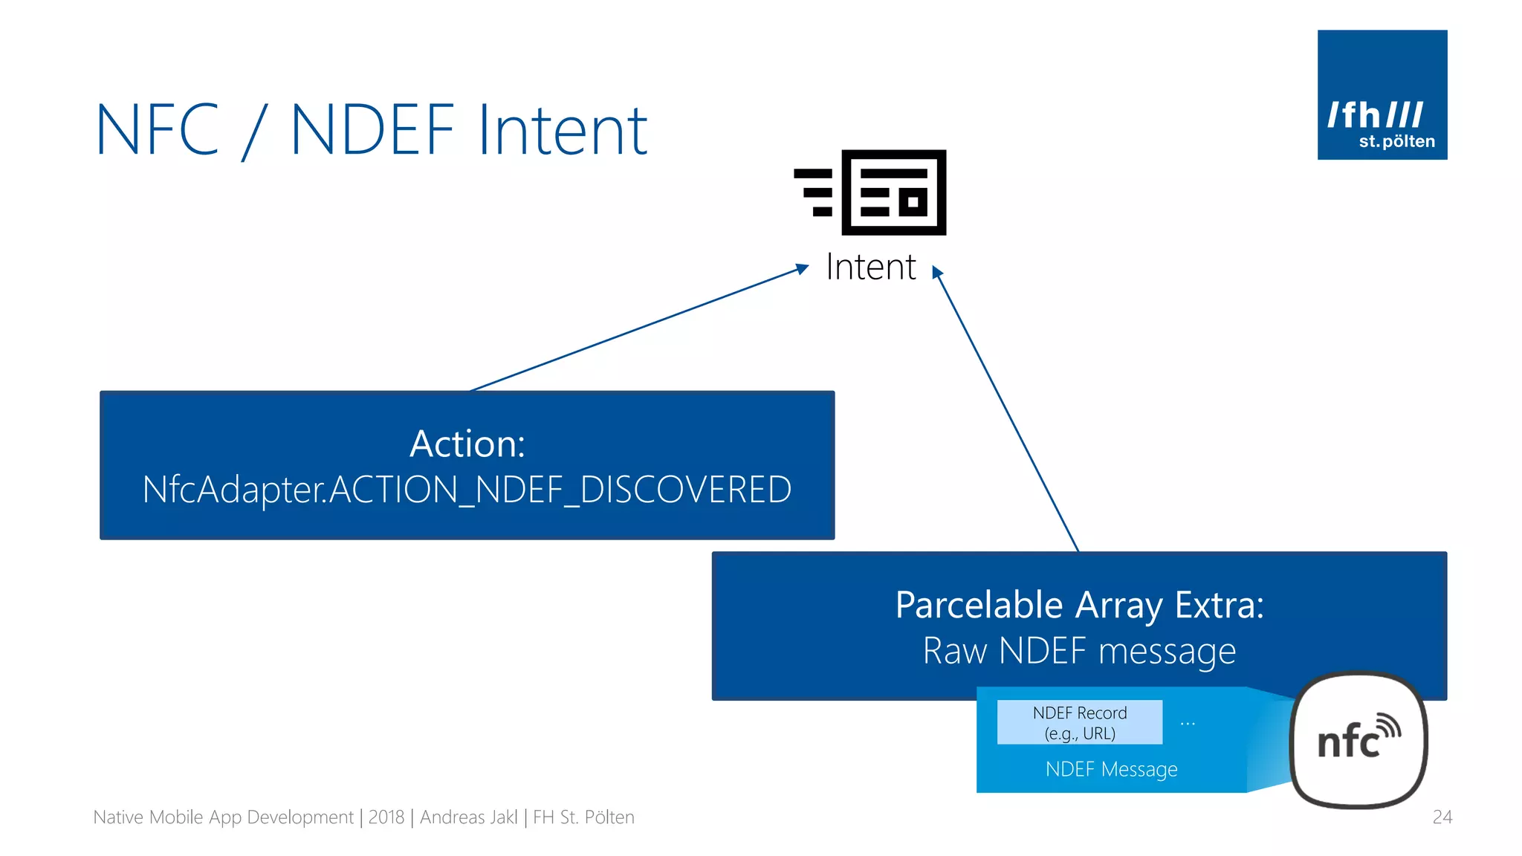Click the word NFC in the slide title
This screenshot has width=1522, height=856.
158,131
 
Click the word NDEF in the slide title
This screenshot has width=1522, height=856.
372,131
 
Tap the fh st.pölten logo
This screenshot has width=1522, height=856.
1382,95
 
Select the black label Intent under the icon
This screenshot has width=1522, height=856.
870,267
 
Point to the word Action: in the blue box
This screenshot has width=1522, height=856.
467,444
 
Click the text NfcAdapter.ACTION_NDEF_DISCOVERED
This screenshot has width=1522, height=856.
467,490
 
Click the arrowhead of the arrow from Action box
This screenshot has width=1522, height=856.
803,267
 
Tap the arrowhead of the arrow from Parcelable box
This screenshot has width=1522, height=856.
937,272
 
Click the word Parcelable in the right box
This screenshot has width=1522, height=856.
979,606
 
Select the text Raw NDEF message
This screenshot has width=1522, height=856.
1079,651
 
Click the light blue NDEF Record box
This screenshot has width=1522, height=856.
1079,722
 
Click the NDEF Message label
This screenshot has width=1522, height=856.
1111,769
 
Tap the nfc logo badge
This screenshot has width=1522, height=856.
1359,740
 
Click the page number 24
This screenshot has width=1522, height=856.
1442,817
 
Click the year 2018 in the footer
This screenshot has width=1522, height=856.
386,817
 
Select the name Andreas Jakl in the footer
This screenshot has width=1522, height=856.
468,817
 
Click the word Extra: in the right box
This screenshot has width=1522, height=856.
1219,606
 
